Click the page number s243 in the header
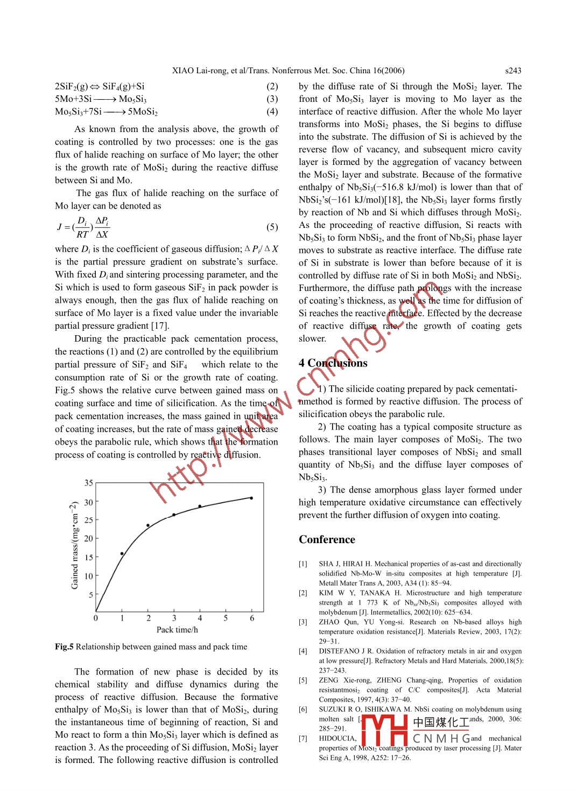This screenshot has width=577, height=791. coord(513,71)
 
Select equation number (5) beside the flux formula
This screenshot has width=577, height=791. coord(272,227)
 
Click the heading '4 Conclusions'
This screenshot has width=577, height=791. coord(333,363)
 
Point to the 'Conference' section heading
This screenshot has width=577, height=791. coord(327,539)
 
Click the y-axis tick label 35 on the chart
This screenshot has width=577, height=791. coord(89,483)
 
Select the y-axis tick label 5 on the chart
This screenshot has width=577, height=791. coord(91,595)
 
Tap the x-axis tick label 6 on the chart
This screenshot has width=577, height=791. coord(252,618)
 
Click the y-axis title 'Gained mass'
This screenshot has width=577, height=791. coord(75,545)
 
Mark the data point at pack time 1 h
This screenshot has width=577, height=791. coord(122,553)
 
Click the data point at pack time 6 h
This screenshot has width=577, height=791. coord(251,498)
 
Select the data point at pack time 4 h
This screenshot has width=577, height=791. coord(200,506)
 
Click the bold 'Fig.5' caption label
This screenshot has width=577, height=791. coord(64,647)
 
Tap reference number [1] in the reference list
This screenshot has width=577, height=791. coord(304,564)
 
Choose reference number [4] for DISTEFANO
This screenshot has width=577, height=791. coord(304,651)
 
